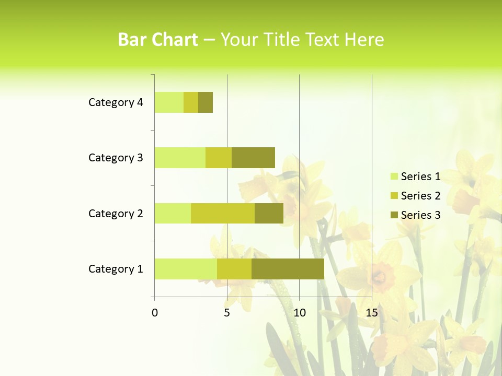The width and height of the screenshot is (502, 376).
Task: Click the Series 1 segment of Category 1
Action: pyautogui.click(x=186, y=268)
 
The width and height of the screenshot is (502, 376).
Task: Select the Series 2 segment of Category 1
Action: pyautogui.click(x=234, y=268)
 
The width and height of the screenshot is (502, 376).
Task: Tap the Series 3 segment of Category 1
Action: pyautogui.click(x=288, y=268)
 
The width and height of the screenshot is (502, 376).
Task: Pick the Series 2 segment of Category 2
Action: pyautogui.click(x=223, y=213)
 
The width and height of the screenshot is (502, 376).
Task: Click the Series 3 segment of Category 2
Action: pyautogui.click(x=269, y=213)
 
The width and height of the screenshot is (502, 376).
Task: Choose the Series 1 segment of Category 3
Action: pyautogui.click(x=180, y=158)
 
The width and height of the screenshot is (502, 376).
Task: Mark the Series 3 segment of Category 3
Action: pyautogui.click(x=253, y=158)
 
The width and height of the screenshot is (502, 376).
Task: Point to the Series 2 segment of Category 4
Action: pyautogui.click(x=191, y=102)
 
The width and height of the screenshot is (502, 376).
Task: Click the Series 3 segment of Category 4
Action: pyautogui.click(x=206, y=102)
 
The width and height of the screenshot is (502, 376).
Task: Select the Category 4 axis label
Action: pyautogui.click(x=116, y=102)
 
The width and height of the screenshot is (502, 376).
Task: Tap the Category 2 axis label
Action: pyautogui.click(x=116, y=213)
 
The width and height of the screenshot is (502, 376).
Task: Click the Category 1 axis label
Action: pyautogui.click(x=116, y=269)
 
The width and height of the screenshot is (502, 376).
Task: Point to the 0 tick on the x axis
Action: pyautogui.click(x=155, y=313)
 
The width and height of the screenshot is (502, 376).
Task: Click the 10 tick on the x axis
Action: pyautogui.click(x=299, y=313)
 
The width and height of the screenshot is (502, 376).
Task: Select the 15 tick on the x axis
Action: pyautogui.click(x=371, y=313)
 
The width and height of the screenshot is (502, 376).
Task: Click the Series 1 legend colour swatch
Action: pyautogui.click(x=394, y=177)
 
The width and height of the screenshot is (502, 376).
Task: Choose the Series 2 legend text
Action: pyautogui.click(x=420, y=196)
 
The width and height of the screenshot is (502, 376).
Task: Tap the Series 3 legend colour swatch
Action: pyautogui.click(x=394, y=215)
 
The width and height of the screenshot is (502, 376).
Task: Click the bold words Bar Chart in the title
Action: pyautogui.click(x=158, y=40)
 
